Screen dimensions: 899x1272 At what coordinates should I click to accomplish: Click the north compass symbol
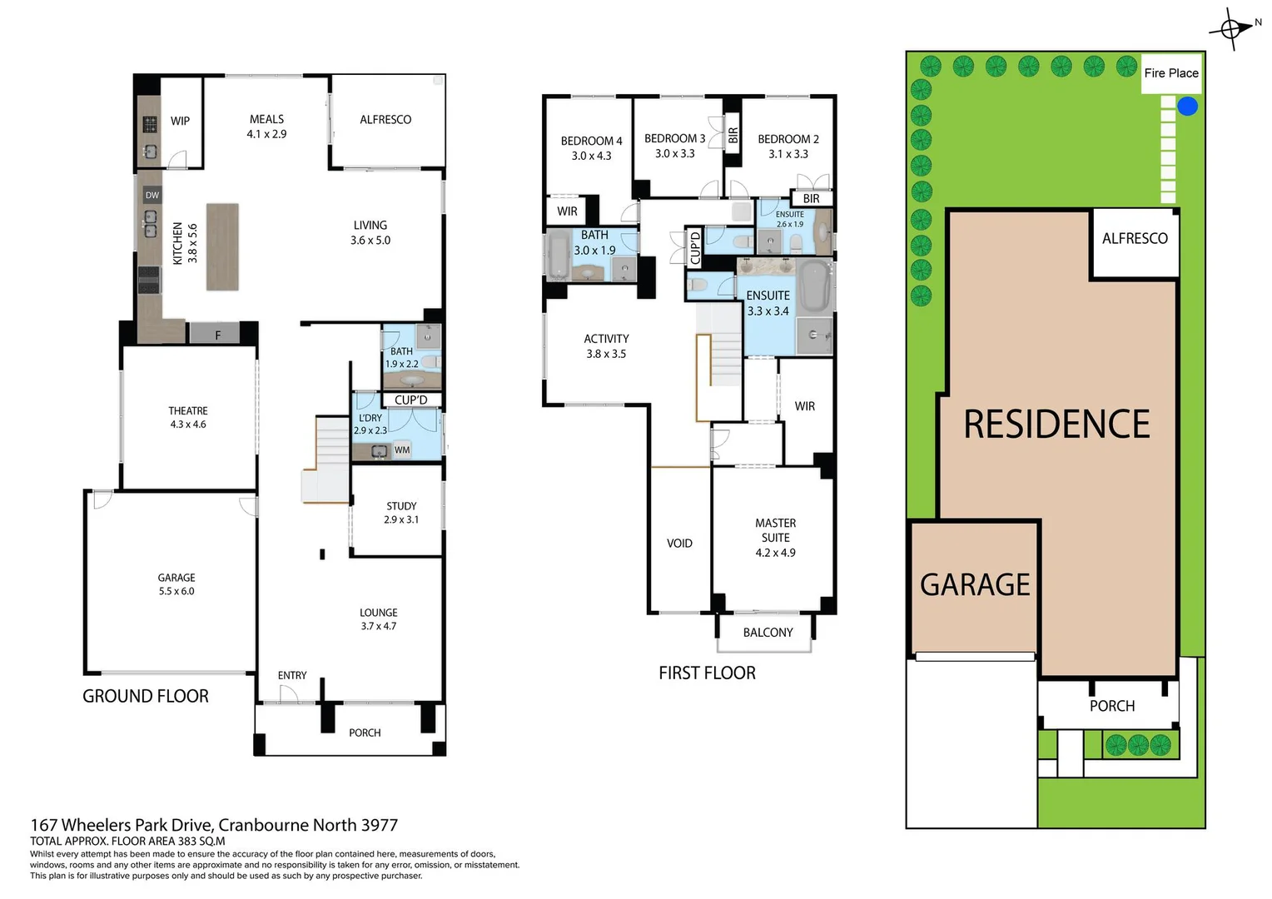pos(1234,29)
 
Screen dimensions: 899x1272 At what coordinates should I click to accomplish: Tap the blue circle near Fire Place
pos(1188,106)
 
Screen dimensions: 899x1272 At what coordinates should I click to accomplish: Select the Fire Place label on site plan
pos(1170,73)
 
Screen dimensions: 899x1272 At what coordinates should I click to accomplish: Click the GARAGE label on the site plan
pos(975,585)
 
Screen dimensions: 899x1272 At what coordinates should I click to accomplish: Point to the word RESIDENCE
pos(1056,425)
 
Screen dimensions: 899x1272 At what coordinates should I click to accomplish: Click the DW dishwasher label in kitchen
pos(152,196)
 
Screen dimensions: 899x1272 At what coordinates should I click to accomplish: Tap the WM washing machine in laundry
pos(402,450)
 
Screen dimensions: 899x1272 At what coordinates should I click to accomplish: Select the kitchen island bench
pos(222,247)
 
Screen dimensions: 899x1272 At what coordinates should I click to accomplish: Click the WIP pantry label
pos(180,121)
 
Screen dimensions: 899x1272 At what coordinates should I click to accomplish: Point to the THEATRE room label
pos(188,411)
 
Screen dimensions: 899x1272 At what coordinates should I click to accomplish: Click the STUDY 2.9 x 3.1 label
pos(401,513)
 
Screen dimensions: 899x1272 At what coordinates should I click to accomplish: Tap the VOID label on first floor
pos(679,544)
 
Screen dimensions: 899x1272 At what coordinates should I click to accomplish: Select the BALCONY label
pos(768,633)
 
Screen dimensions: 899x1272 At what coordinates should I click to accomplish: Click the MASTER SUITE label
pos(775,530)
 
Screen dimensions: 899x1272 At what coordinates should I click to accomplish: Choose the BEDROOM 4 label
pos(591,142)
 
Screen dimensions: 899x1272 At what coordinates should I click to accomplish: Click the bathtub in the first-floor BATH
pos(557,256)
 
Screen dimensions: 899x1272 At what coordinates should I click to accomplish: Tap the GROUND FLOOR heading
pos(146,697)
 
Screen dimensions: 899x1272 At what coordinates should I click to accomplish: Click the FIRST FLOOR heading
pos(707,673)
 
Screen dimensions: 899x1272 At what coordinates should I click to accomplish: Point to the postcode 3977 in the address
pos(379,825)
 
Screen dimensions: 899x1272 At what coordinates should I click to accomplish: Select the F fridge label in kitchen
pos(217,335)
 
